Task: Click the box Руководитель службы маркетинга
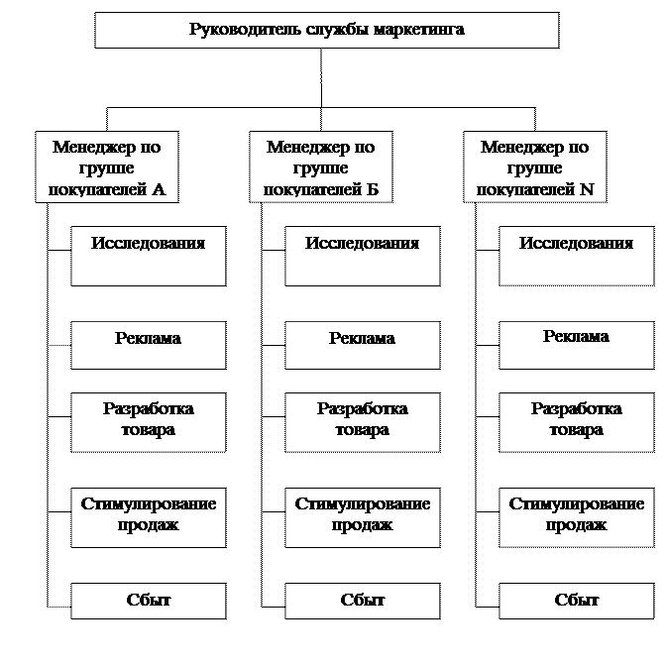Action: click(326, 30)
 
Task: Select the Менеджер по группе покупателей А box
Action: click(107, 166)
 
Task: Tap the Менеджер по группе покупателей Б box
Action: click(321, 166)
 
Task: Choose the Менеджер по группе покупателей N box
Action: click(535, 166)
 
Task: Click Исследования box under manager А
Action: click(149, 256)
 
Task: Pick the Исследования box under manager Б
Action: click(363, 256)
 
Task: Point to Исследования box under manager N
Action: click(577, 256)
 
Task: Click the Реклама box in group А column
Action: click(149, 343)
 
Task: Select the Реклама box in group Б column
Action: click(363, 343)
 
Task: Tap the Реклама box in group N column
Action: click(577, 343)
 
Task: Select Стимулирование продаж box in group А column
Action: click(149, 515)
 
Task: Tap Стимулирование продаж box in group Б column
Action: click(363, 515)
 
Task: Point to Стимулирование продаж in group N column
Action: click(577, 515)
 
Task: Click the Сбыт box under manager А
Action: click(149, 601)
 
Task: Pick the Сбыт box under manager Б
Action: click(363, 601)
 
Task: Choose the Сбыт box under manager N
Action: click(577, 601)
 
